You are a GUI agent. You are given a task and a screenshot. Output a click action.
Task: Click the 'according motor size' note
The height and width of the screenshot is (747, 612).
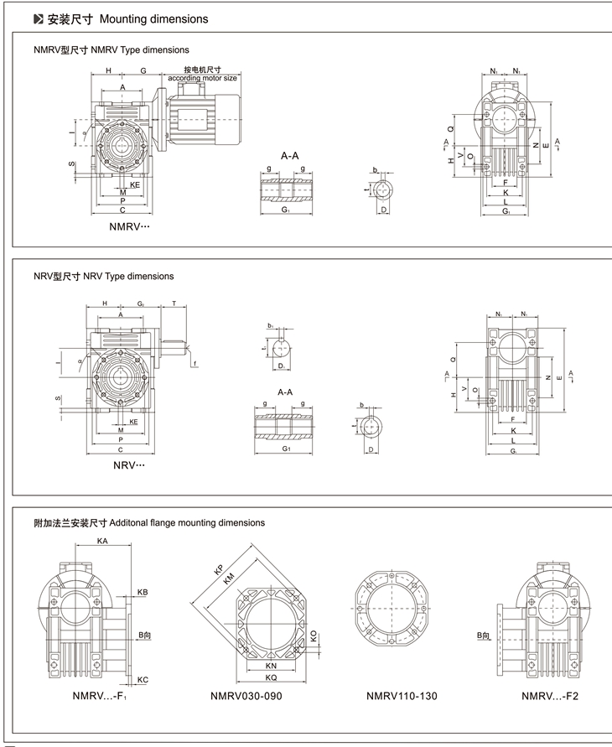[x=203, y=78]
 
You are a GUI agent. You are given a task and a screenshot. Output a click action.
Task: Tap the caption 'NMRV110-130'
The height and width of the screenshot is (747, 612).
[x=402, y=695]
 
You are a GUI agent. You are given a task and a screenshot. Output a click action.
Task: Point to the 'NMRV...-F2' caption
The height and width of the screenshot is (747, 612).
[x=550, y=695]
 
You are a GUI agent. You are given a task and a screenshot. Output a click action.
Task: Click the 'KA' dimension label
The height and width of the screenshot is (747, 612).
[x=102, y=542]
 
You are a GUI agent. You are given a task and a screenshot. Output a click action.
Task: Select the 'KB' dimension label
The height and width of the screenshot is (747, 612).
[x=143, y=592]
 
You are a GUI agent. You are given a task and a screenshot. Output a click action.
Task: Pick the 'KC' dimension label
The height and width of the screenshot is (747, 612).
[x=143, y=679]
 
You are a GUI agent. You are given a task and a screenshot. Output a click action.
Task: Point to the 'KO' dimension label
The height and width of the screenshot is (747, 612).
[x=314, y=637]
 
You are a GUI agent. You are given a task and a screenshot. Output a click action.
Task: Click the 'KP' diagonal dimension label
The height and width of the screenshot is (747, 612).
[x=220, y=570]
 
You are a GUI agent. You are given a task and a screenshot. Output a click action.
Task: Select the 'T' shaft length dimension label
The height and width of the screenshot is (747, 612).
[x=174, y=303]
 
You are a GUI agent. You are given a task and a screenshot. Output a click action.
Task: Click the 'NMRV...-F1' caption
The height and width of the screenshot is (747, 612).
[x=100, y=695]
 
